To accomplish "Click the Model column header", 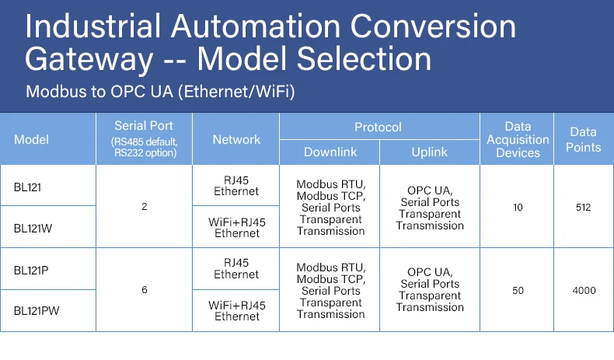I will [31, 139].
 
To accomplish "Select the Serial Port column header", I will [144, 138].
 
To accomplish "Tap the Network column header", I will [236, 139].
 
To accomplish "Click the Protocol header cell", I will [378, 127].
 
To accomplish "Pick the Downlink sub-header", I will [330, 152].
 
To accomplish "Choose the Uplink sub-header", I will [429, 152].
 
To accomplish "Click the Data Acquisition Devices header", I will [518, 139].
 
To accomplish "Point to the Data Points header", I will [583, 139].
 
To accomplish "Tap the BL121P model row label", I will [31, 269].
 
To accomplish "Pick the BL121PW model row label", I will [35, 310].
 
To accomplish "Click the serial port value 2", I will [144, 207].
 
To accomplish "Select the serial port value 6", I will [144, 290].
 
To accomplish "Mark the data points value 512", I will [583, 207].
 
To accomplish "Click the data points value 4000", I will [583, 290].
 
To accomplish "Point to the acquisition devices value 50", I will [518, 290].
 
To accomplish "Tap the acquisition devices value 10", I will [518, 207].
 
